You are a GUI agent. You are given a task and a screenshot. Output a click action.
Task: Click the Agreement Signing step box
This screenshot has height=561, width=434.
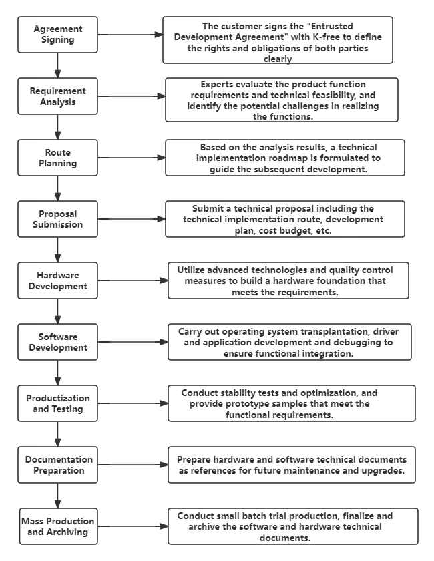coord(57,35)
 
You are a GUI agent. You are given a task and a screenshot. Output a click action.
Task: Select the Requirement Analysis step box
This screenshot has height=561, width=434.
coord(57,96)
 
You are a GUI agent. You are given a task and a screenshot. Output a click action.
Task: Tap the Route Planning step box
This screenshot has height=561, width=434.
coord(57,158)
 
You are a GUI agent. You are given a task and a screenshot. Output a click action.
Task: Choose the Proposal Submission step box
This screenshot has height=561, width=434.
coord(57,219)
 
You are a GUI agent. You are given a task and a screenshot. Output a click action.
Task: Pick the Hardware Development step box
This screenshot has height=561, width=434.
coord(57,280)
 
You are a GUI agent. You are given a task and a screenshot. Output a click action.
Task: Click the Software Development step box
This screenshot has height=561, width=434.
coord(57,342)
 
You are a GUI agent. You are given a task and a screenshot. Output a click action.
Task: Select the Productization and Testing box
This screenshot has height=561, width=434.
coord(57,403)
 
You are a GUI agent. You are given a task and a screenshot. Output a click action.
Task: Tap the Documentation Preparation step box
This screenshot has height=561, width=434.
coord(59,465)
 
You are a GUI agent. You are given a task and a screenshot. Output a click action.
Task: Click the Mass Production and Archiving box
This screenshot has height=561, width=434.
coord(57,526)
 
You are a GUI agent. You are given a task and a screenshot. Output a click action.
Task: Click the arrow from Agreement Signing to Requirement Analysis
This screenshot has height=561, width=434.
coord(58,65)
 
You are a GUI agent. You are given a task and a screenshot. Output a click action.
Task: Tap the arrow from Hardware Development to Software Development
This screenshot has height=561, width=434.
coord(58,311)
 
